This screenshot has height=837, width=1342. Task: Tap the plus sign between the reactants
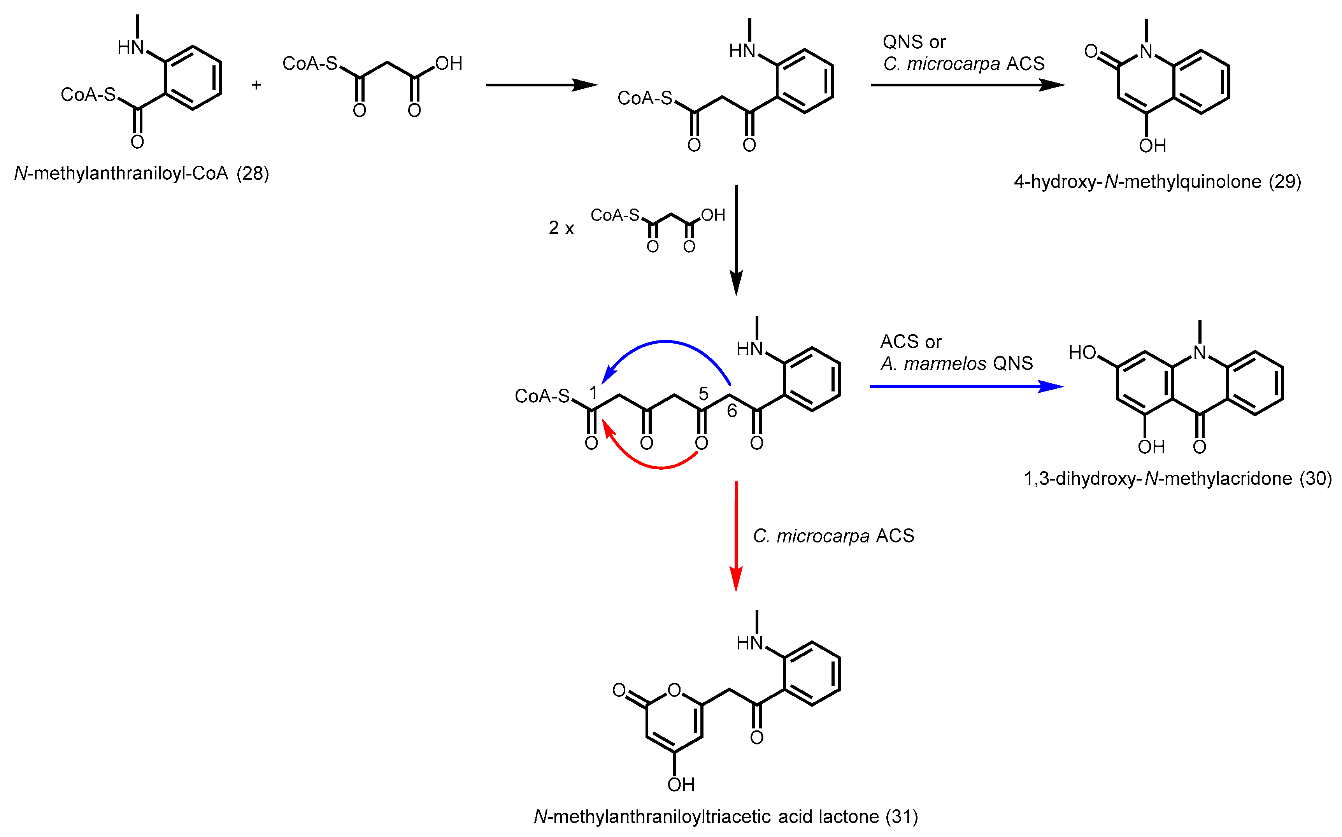pos(256,85)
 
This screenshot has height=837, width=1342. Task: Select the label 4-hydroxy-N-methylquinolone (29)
pos(1157,182)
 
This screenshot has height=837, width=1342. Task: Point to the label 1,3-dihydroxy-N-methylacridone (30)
pos(1178,478)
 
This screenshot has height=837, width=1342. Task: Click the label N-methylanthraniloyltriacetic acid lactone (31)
pos(726,816)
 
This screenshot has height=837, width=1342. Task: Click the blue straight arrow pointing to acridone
pos(966,386)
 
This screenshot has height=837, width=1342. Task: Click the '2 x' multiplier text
pos(561,228)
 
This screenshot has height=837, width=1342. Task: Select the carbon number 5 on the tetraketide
pos(703,393)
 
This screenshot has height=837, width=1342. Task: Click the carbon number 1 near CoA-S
pos(593,393)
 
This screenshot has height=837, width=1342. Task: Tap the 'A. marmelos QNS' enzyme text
pos(956,364)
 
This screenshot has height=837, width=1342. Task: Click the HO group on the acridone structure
pos(1082,353)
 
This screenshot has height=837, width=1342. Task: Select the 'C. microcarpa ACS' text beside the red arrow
pos(833,536)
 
